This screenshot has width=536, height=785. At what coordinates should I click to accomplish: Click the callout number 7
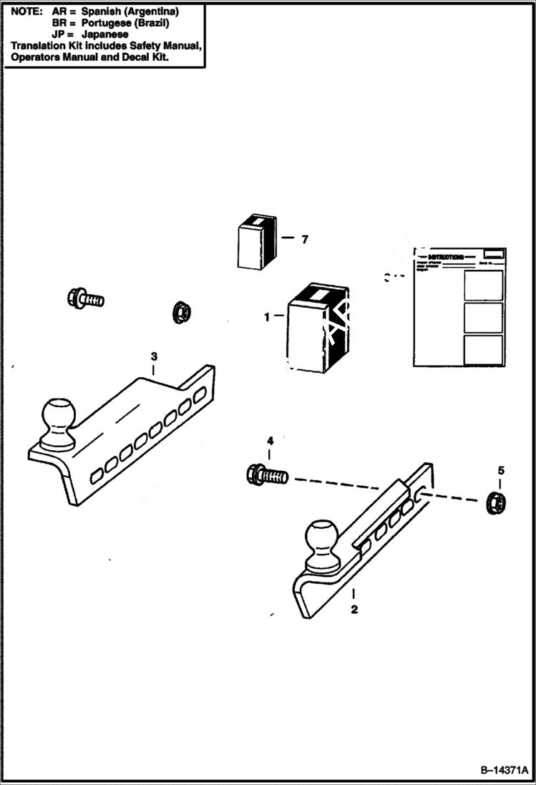pyautogui.click(x=304, y=240)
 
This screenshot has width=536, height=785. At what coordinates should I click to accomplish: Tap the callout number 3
pyautogui.click(x=153, y=356)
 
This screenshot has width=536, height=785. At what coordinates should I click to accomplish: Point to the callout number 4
pyautogui.click(x=270, y=440)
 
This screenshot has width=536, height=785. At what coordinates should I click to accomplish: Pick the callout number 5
pyautogui.click(x=501, y=470)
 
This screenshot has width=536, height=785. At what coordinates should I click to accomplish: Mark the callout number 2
pyautogui.click(x=354, y=610)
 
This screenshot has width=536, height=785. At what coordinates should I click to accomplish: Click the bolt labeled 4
pyautogui.click(x=266, y=474)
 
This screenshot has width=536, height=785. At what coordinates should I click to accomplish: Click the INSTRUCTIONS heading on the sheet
pyautogui.click(x=445, y=257)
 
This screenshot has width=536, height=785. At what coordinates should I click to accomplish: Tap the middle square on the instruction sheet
pyautogui.click(x=483, y=317)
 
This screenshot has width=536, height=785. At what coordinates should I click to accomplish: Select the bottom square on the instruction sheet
pyautogui.click(x=483, y=350)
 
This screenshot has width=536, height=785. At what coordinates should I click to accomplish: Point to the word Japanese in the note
pyautogui.click(x=105, y=34)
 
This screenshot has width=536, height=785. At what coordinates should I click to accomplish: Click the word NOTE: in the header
pyautogui.click(x=26, y=12)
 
